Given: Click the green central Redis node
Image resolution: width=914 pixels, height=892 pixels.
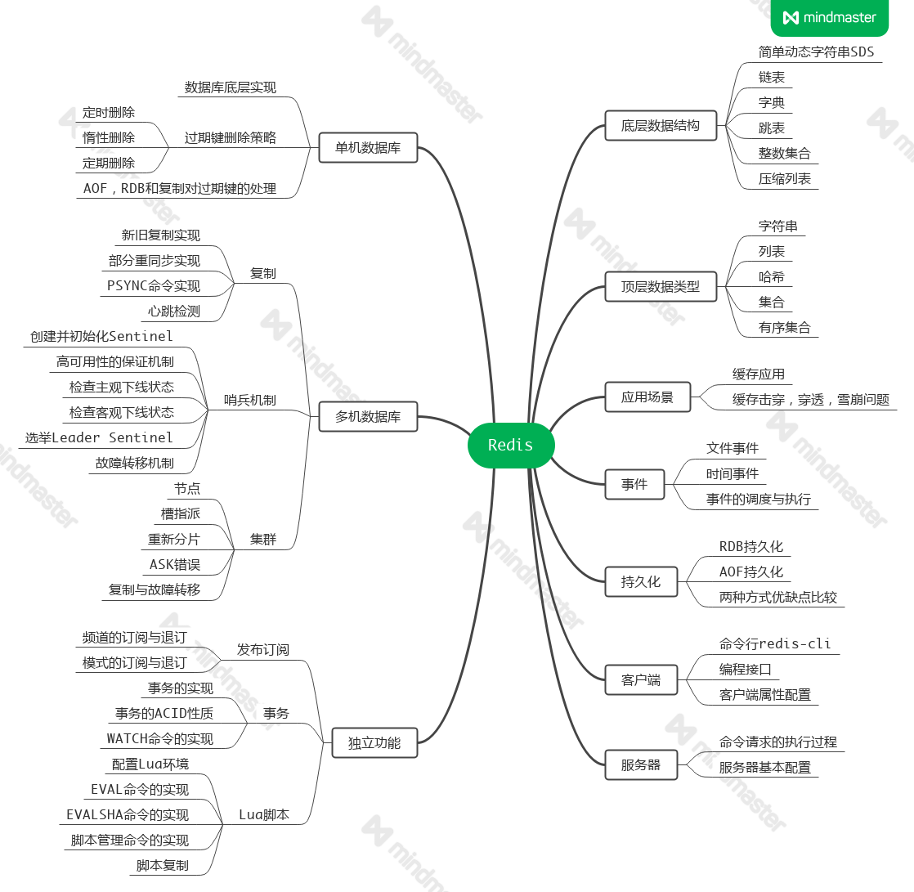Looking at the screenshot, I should [511, 446].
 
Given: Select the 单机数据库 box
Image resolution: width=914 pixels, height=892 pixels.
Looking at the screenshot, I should [368, 148].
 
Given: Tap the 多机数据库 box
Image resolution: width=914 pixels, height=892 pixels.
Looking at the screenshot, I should [368, 416].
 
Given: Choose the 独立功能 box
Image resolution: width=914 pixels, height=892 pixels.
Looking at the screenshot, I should [374, 743].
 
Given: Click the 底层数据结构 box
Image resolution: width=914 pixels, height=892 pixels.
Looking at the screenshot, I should [661, 126].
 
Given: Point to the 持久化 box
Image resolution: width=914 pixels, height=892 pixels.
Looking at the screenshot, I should [641, 582].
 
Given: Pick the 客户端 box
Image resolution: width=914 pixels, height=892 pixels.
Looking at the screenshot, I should [641, 679].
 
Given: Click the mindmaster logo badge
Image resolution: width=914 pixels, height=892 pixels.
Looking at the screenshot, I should [829, 17].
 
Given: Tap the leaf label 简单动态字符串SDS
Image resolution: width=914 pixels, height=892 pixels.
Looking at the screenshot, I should [816, 52].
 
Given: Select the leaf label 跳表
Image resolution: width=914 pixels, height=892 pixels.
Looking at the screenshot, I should [772, 128].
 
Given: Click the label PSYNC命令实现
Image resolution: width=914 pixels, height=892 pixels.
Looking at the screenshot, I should [154, 285].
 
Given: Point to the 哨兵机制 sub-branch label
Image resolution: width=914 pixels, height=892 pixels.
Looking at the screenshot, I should [250, 400].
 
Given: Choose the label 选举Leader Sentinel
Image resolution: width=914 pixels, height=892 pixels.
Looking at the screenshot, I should [99, 437].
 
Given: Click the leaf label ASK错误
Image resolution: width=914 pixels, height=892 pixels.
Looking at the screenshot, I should [175, 564].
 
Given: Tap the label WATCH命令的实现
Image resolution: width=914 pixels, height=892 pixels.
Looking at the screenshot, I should [160, 738].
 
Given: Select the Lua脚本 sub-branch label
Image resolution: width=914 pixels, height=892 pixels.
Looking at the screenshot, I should [264, 814].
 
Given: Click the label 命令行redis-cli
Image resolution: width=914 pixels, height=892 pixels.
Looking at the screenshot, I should [775, 643].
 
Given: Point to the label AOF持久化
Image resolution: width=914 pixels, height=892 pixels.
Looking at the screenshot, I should [751, 572].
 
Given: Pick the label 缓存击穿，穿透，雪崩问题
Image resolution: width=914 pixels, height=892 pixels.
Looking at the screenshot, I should [811, 400].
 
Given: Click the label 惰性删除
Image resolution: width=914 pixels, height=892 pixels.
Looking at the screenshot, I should [109, 137].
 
